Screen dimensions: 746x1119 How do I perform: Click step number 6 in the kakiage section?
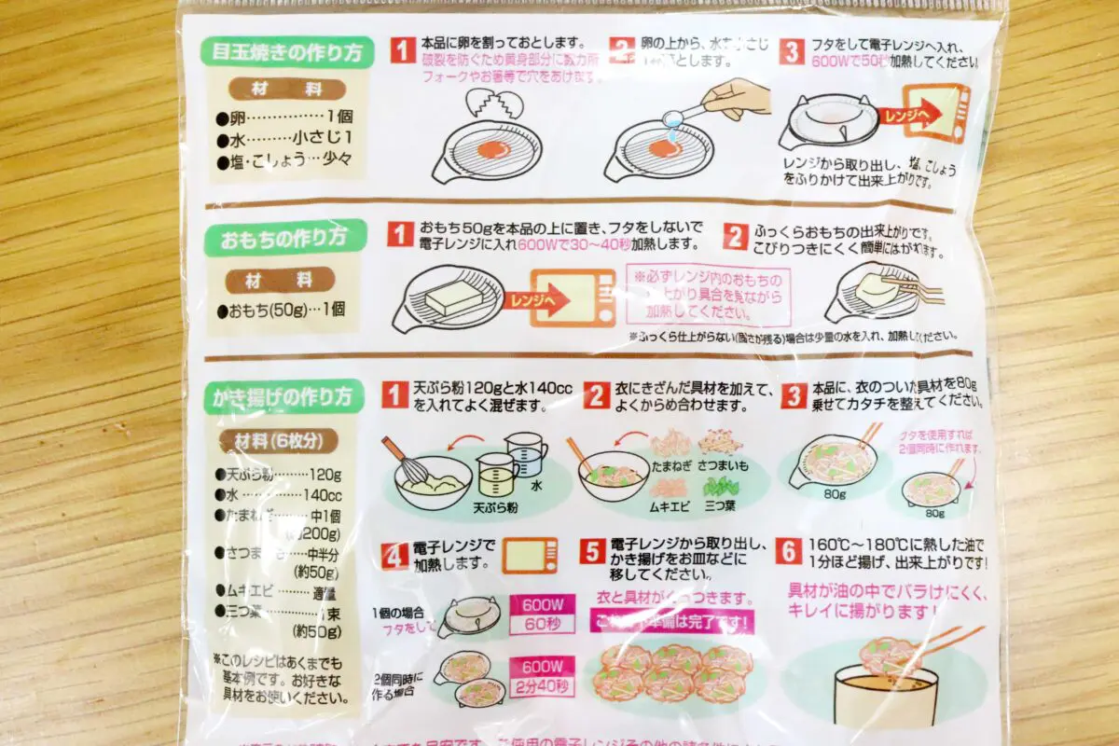[x=789, y=551]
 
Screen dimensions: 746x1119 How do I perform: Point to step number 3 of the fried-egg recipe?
[x=790, y=50]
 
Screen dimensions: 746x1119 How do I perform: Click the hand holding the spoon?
[x=737, y=98]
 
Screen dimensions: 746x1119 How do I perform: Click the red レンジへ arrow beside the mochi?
[x=561, y=300]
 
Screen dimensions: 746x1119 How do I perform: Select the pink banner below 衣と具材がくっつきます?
[x=671, y=621]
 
